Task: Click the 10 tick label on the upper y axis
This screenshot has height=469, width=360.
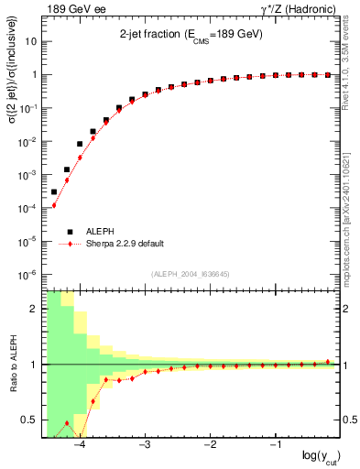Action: (x=31, y=42)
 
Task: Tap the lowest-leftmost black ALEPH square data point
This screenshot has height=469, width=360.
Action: (x=54, y=191)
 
